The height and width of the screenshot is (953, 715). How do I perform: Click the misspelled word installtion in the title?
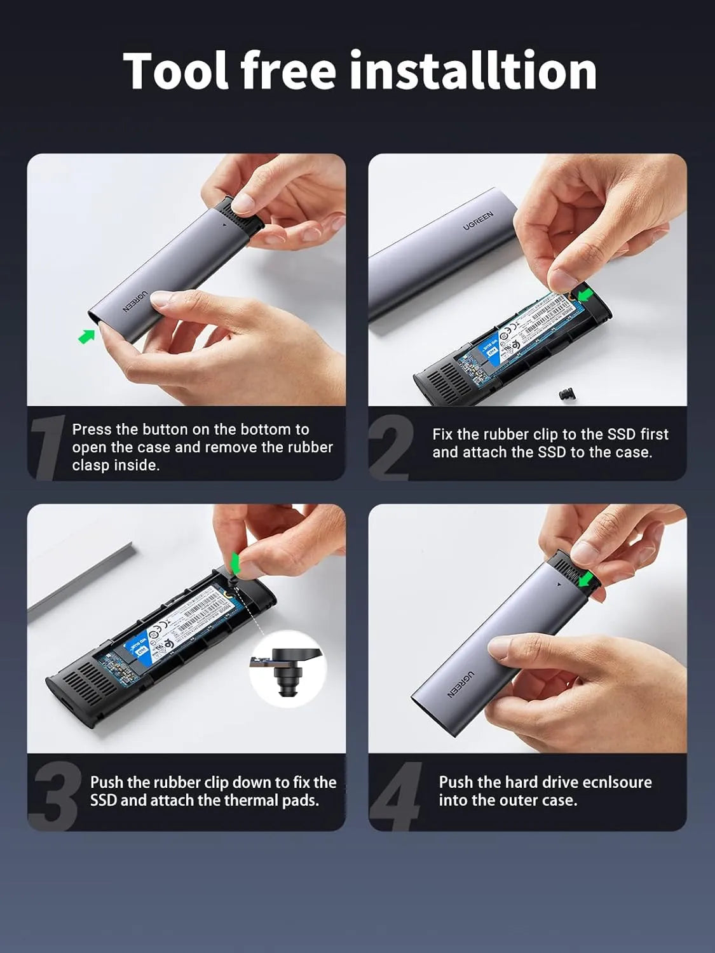[x=473, y=71]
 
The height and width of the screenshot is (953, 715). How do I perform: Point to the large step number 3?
[x=55, y=796]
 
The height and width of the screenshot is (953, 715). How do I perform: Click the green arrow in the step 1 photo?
[x=86, y=335]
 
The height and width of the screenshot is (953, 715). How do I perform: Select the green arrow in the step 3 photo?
[x=235, y=563]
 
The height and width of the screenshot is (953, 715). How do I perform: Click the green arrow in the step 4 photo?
[x=585, y=579]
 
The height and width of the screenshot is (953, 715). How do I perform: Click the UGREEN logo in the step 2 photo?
[x=478, y=221]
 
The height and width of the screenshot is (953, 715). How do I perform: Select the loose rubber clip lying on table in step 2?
[x=565, y=395]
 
